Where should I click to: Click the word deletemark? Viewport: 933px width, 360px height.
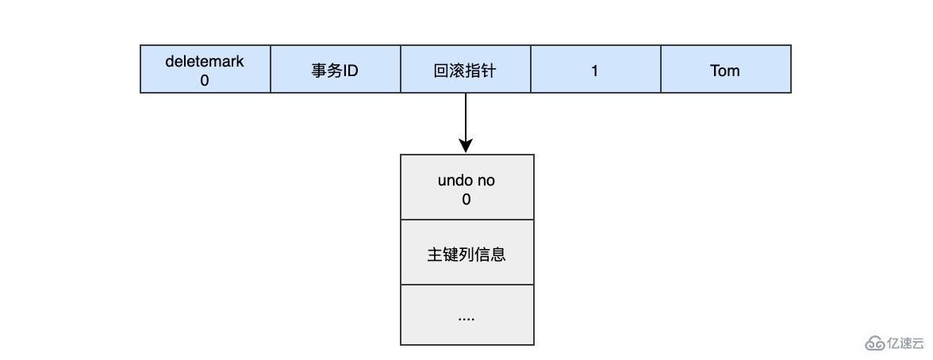(205, 61)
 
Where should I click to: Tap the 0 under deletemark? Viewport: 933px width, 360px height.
(205, 80)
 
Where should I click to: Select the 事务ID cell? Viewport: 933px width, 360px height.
(335, 70)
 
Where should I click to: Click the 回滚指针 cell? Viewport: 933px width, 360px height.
(465, 70)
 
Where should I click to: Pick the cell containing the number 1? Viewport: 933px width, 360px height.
(595, 70)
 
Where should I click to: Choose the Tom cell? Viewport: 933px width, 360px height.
(725, 70)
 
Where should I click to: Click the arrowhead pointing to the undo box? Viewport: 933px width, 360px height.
(466, 146)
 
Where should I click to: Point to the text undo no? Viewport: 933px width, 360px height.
(466, 181)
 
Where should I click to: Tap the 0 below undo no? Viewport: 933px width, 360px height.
(466, 200)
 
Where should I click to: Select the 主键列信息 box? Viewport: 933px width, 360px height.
(466, 255)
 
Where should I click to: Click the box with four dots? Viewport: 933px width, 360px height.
(466, 316)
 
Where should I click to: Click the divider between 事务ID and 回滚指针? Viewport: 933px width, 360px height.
(401, 70)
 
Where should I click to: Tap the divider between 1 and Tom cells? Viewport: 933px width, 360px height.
(661, 70)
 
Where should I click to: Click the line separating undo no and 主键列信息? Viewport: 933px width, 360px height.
(466, 220)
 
